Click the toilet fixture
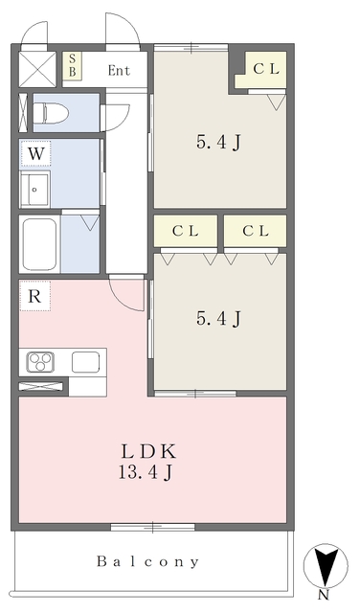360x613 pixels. [x=51, y=113]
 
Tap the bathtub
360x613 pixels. [x=39, y=244]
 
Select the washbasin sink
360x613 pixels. [x=34, y=190]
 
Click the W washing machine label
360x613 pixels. [x=35, y=153]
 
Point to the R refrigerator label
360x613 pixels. [x=34, y=296]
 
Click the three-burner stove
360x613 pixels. [x=40, y=362]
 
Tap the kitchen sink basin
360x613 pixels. [x=85, y=362]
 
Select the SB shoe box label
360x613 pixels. [x=73, y=66]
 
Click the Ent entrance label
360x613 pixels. [x=119, y=70]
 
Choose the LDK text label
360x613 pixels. [x=148, y=452]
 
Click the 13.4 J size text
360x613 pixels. [x=145, y=473]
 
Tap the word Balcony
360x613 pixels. [x=147, y=562]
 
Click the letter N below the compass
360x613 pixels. [x=323, y=595]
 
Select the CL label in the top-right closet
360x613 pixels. [x=266, y=69]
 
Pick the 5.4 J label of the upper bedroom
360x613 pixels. [x=218, y=143]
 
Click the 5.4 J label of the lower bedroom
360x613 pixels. [x=218, y=318]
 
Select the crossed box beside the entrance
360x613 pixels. [x=37, y=69]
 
